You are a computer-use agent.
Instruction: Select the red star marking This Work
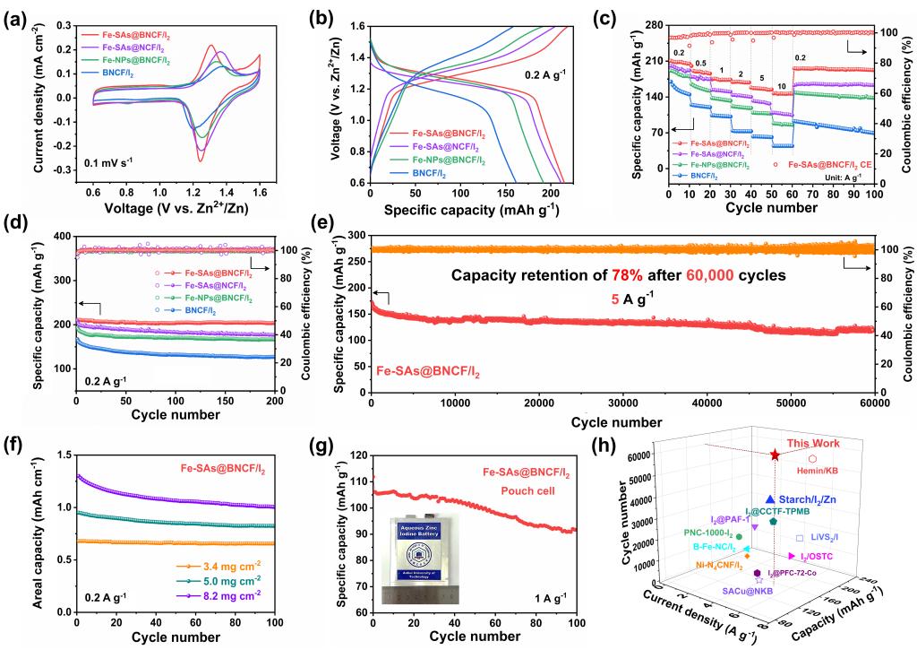point(776,455)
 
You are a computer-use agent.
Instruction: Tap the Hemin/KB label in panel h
point(818,469)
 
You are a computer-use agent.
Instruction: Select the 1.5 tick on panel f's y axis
point(61,455)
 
